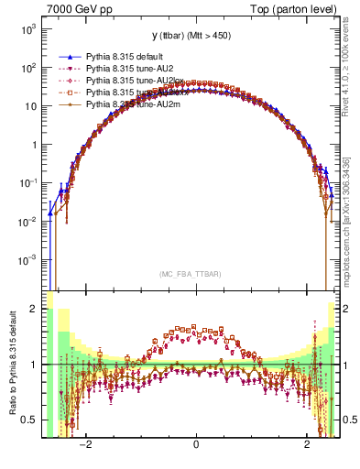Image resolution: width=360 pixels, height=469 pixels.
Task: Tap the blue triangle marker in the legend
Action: point(69,56)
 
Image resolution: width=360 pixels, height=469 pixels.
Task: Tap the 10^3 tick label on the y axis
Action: point(27,29)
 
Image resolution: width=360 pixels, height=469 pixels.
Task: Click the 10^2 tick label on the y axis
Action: point(27,68)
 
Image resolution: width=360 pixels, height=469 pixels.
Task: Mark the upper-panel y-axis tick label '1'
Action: point(33,145)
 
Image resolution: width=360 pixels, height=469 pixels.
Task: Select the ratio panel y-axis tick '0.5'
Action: point(28,420)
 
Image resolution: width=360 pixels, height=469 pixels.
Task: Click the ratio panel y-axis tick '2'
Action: point(33,309)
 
